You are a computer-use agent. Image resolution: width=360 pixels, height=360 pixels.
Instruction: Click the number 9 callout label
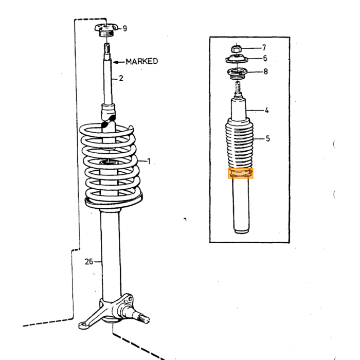(124, 28)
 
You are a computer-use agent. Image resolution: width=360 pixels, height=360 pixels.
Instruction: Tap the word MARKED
(142, 61)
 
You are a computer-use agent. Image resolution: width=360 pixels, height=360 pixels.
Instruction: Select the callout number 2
(121, 78)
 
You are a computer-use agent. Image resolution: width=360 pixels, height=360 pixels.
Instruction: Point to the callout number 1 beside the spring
(149, 161)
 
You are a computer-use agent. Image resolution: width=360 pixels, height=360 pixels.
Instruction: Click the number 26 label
(89, 261)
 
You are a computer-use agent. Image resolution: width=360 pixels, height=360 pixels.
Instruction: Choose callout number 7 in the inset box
(264, 48)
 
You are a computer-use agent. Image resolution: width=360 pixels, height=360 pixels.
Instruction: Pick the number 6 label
(265, 58)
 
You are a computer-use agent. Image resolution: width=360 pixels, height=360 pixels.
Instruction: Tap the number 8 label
(266, 71)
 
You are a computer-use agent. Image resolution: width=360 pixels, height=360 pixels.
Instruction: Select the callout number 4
(266, 111)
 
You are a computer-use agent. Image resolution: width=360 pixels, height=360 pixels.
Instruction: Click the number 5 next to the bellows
(268, 139)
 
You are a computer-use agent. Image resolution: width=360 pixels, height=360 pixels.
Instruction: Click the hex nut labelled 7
(236, 49)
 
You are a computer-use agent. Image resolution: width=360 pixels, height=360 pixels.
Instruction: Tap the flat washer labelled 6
(237, 60)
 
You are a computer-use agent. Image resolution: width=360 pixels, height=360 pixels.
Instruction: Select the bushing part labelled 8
(237, 74)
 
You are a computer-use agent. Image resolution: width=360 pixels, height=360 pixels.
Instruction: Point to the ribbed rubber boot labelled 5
(239, 143)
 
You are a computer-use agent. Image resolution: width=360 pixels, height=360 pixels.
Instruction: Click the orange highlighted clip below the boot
(241, 173)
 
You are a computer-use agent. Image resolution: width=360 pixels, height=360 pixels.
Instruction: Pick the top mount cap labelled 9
(106, 30)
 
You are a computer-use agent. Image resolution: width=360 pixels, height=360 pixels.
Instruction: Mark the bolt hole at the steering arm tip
(82, 325)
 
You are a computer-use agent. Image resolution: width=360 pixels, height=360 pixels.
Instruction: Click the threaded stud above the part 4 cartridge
(238, 88)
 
